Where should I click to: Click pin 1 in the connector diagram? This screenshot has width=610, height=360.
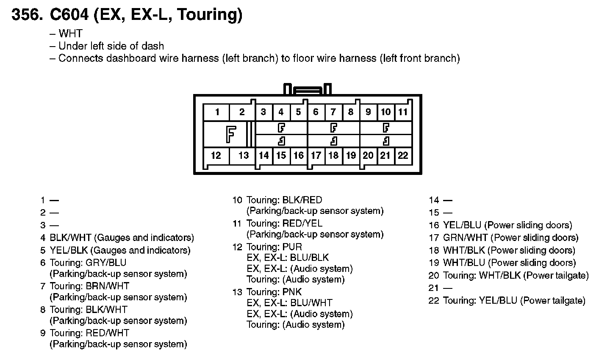217,112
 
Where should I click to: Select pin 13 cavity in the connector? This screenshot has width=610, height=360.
243,155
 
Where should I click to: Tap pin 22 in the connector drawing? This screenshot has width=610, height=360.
403,155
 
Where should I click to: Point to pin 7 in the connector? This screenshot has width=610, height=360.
333,112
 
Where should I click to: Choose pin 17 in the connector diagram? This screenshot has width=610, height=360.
316,155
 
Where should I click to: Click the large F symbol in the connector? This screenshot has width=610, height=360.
230,134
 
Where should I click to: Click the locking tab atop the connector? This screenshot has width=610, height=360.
308,90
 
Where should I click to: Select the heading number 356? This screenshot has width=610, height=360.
28,15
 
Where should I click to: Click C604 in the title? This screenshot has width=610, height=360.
69,15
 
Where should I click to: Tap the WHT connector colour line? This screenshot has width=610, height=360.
70,33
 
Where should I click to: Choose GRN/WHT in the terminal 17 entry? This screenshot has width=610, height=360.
466,238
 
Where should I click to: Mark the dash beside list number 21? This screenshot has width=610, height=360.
447,288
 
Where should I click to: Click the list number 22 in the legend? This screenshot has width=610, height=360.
434,301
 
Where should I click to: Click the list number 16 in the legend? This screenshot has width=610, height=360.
434,225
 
